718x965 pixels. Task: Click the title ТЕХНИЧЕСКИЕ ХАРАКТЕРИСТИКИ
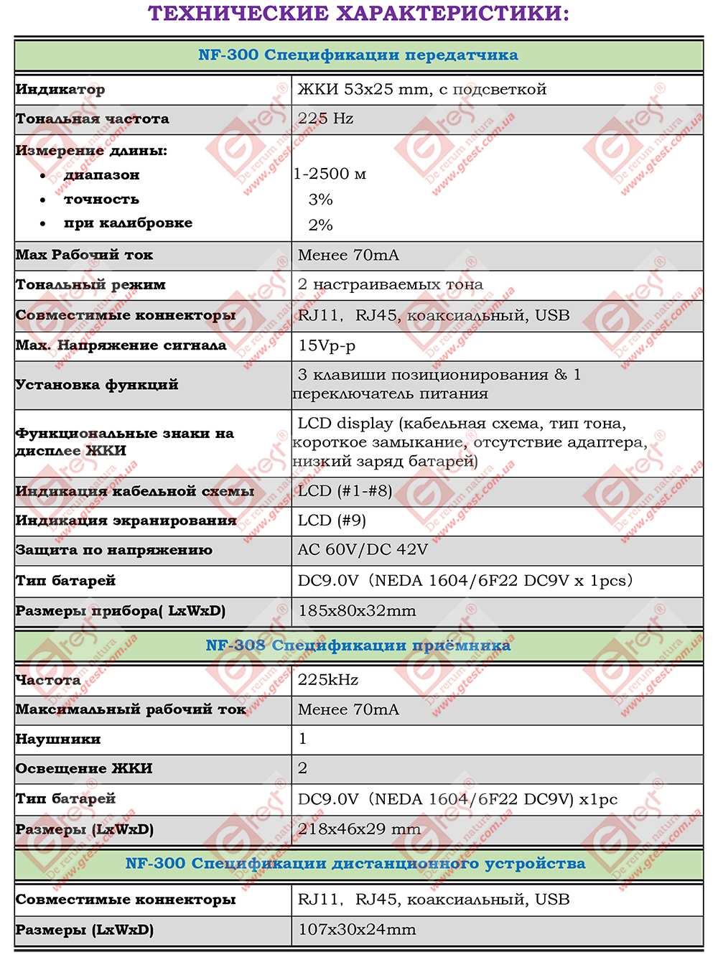coord(358,14)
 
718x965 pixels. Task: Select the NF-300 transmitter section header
coord(358,55)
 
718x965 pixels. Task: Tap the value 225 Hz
coord(325,118)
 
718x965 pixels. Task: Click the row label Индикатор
coord(60,90)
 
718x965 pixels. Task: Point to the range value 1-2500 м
coord(330,174)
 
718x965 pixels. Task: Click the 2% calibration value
coord(320,225)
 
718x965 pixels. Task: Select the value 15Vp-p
coord(327,345)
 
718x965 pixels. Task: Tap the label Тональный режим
coord(90,285)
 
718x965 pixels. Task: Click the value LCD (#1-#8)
coord(345,491)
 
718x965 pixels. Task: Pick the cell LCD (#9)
coord(332,521)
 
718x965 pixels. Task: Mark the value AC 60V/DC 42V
coord(363,550)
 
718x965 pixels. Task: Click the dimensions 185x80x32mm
coord(357,611)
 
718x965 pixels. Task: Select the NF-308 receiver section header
coord(358,645)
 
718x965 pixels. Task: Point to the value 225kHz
coord(328,680)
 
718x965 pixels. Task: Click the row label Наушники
coord(58,739)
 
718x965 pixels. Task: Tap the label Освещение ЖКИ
coord(84,768)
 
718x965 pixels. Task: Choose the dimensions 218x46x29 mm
coord(359,829)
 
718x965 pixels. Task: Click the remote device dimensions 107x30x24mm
coord(357,930)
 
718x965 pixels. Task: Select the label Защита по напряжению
coord(114,551)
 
